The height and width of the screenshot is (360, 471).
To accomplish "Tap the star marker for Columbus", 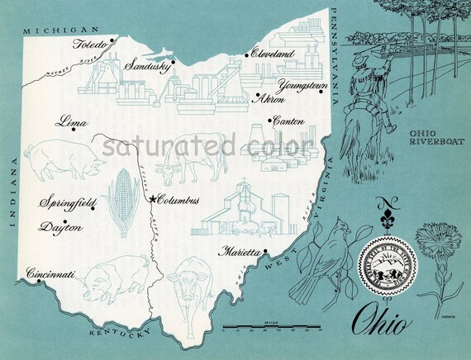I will coord(152,198).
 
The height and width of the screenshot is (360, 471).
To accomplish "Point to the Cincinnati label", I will coord(50,273).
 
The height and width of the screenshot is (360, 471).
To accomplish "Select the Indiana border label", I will coord(12,192).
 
